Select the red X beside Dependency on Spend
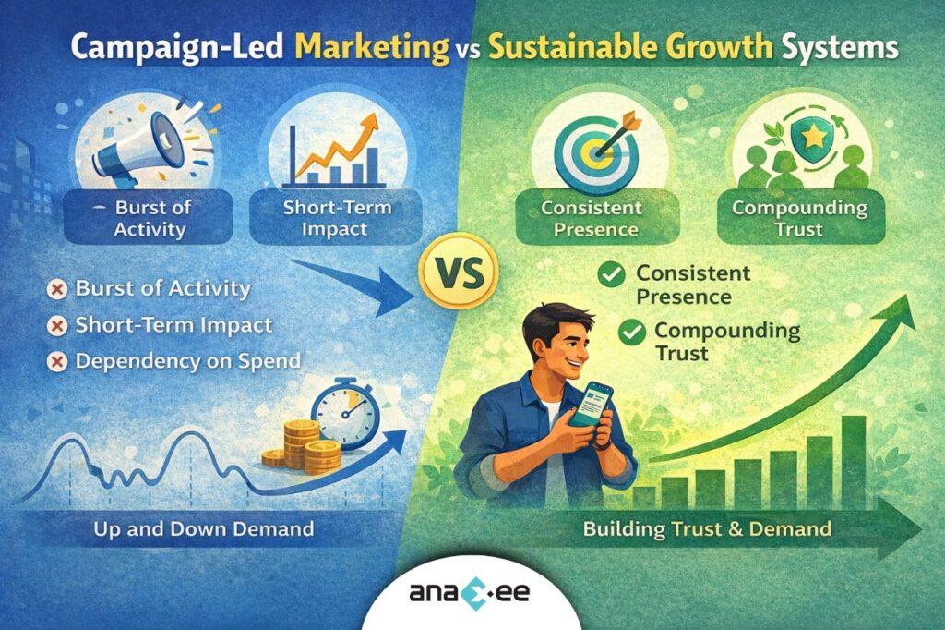(x=57, y=361)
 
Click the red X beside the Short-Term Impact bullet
(x=57, y=326)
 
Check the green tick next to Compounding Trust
(x=632, y=333)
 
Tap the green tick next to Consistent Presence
(x=610, y=275)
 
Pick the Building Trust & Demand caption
(x=707, y=529)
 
